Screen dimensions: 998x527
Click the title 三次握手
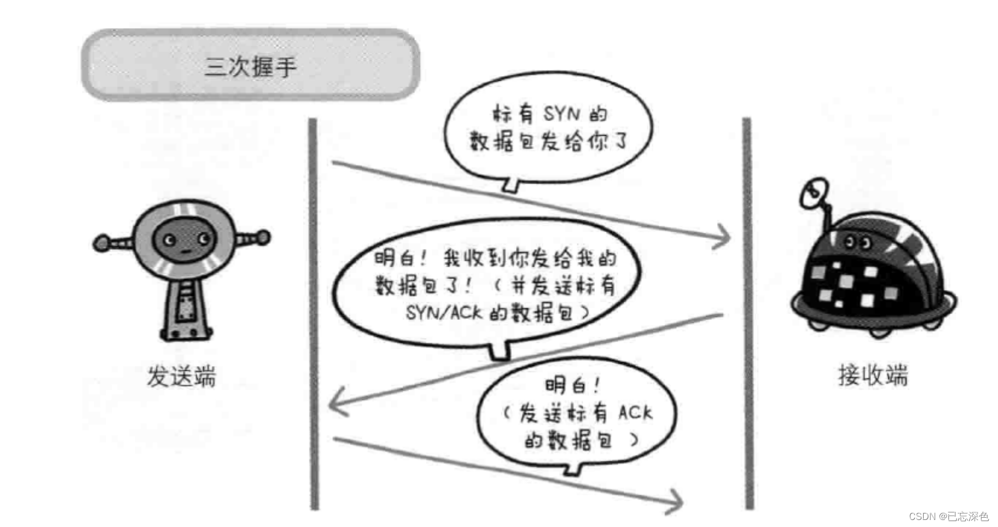tap(250, 66)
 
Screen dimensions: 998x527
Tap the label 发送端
tap(181, 376)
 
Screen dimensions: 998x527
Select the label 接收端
tap(873, 375)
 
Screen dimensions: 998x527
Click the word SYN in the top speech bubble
tap(562, 113)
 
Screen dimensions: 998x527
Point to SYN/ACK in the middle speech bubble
tap(444, 312)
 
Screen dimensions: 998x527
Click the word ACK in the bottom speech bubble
tap(635, 412)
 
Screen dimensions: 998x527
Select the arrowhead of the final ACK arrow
tap(676, 501)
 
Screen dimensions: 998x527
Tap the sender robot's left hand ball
tap(102, 243)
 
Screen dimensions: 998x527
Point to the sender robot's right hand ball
tap(263, 237)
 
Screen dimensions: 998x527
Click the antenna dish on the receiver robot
tap(814, 192)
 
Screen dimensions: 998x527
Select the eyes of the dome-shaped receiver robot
tap(858, 242)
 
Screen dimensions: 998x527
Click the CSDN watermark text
tap(948, 516)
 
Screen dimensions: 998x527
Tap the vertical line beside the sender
tap(314, 316)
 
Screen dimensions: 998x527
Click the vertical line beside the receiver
tap(748, 316)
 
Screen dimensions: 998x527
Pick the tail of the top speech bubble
tap(510, 185)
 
